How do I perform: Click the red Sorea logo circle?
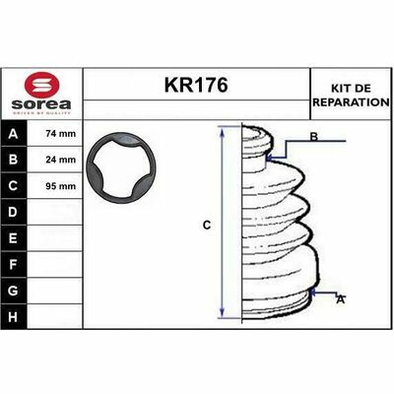click(x=40, y=83)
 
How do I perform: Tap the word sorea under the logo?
click(x=40, y=103)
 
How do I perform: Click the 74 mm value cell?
click(x=59, y=134)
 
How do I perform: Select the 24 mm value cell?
click(x=59, y=160)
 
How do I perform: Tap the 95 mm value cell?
click(x=59, y=185)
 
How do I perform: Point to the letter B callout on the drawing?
click(x=314, y=138)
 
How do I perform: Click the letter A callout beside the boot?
click(x=341, y=297)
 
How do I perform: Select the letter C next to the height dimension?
click(x=207, y=226)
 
